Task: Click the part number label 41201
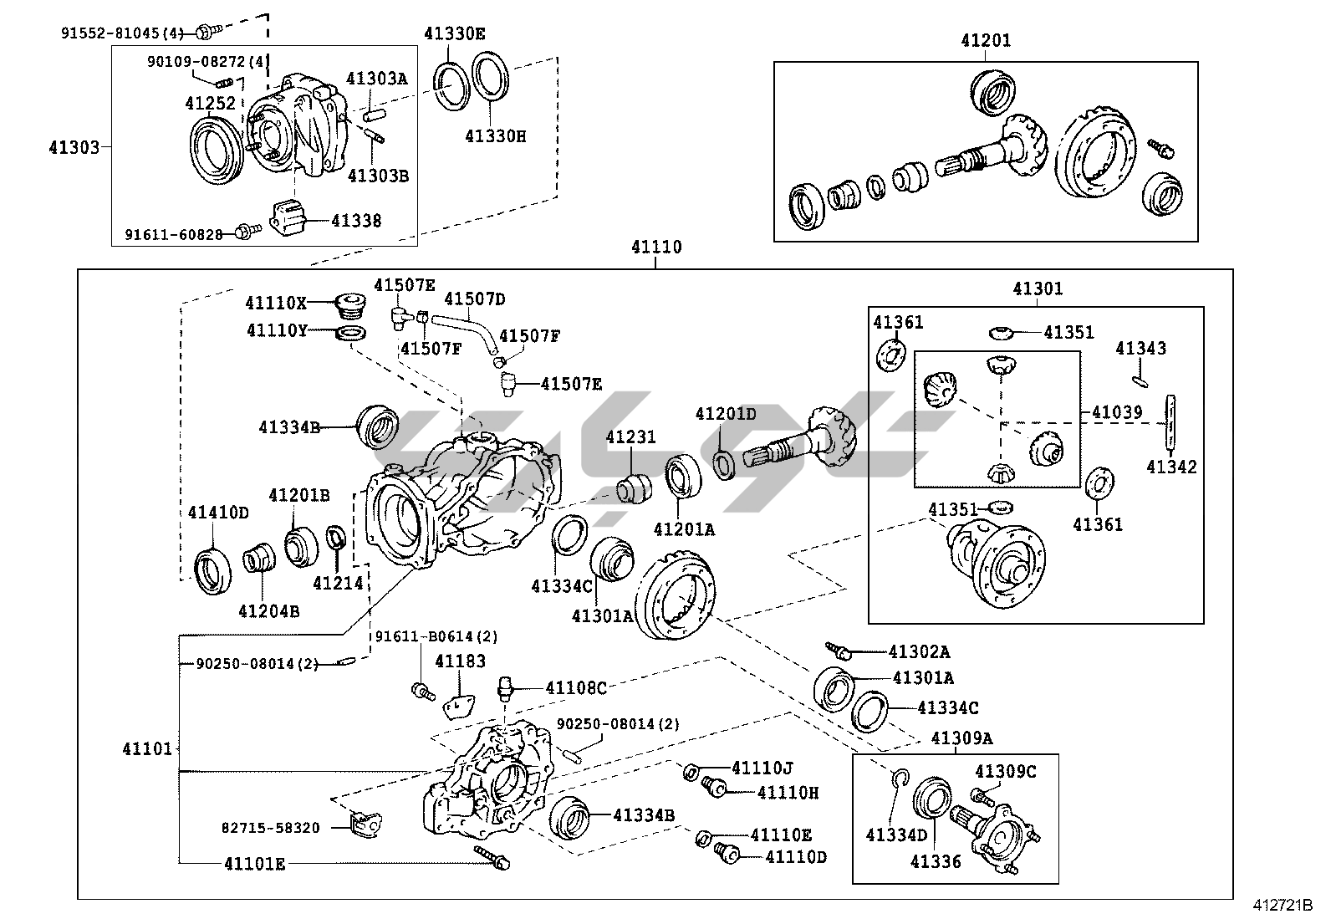tap(986, 40)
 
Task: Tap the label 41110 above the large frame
tap(656, 247)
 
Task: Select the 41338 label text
tap(356, 221)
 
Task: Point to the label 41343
tap(1141, 349)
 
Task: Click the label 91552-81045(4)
tap(122, 33)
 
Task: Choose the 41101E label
tap(254, 864)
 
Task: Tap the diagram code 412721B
tap(1283, 906)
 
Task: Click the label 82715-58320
tap(270, 828)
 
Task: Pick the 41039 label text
tap(1117, 412)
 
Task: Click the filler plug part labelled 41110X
tap(350, 305)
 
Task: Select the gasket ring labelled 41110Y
tap(350, 334)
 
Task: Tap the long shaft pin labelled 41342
tap(1171, 423)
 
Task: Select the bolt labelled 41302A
tap(839, 651)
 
